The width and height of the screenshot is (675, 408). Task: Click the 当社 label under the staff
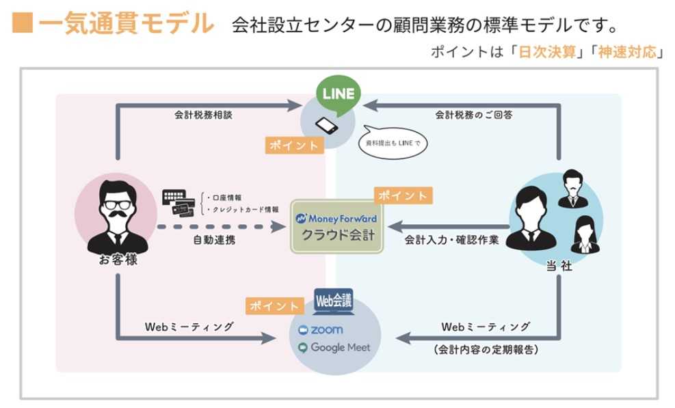click(x=559, y=267)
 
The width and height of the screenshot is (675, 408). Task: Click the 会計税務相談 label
click(x=203, y=115)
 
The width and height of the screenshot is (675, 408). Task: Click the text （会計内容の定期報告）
click(x=486, y=350)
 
